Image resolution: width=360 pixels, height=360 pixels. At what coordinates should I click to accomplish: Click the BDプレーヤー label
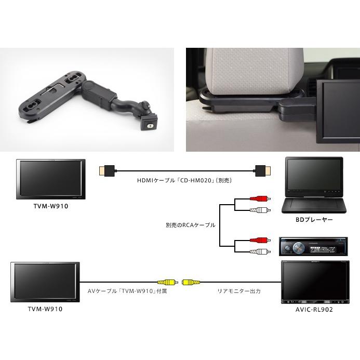(x=313, y=220)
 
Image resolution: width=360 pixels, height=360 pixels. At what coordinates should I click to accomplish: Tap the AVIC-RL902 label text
(x=313, y=309)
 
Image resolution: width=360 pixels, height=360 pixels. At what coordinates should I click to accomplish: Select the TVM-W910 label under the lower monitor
(x=46, y=309)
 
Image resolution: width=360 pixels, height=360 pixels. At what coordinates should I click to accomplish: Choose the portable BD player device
(x=313, y=185)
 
